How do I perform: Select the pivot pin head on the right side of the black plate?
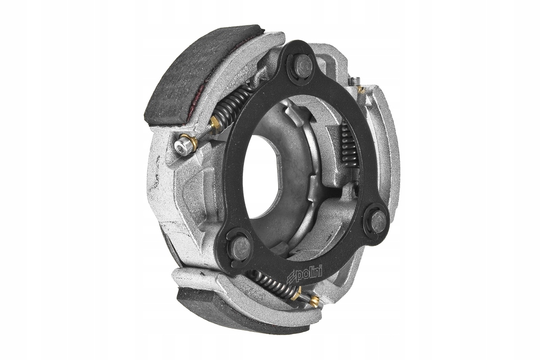tap(378, 221)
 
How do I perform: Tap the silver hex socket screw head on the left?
tap(182, 145)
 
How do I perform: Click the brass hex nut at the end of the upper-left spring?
tap(215, 123)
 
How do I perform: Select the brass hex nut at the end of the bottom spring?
tap(296, 294)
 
